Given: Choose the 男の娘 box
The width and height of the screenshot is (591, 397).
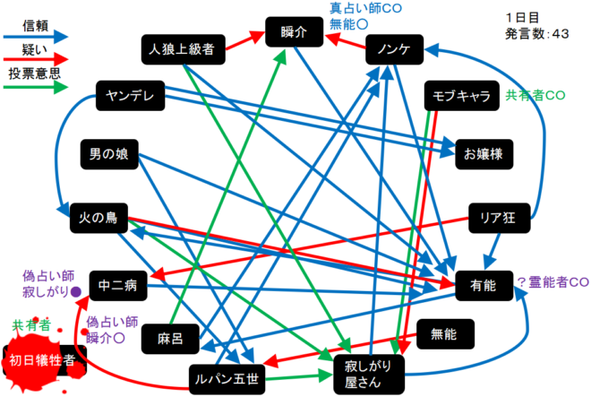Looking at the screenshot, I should click(x=110, y=154).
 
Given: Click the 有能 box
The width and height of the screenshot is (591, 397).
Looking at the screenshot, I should click(x=482, y=287).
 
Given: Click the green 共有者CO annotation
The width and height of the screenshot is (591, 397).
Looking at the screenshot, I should click(x=535, y=95).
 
